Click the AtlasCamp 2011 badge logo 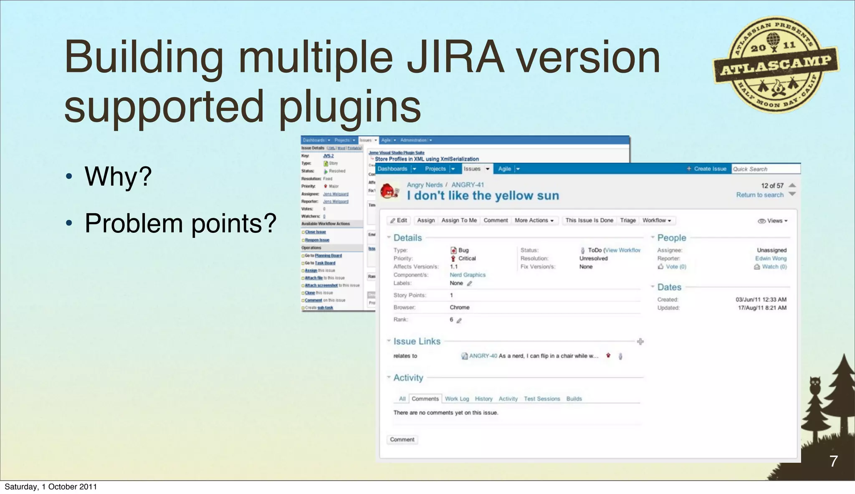(776, 65)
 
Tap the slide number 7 (833, 461)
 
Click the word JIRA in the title (455, 58)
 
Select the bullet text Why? (118, 176)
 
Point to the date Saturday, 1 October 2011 (51, 487)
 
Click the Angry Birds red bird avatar (390, 191)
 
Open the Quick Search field (765, 169)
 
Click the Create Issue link (706, 169)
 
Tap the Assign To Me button (459, 220)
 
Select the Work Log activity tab (457, 399)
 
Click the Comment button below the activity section (402, 440)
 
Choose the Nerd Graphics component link (468, 275)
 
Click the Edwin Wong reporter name (771, 258)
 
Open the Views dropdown (773, 221)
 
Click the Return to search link (759, 195)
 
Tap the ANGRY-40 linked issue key (483, 356)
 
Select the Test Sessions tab (542, 399)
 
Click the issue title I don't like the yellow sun (483, 196)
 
